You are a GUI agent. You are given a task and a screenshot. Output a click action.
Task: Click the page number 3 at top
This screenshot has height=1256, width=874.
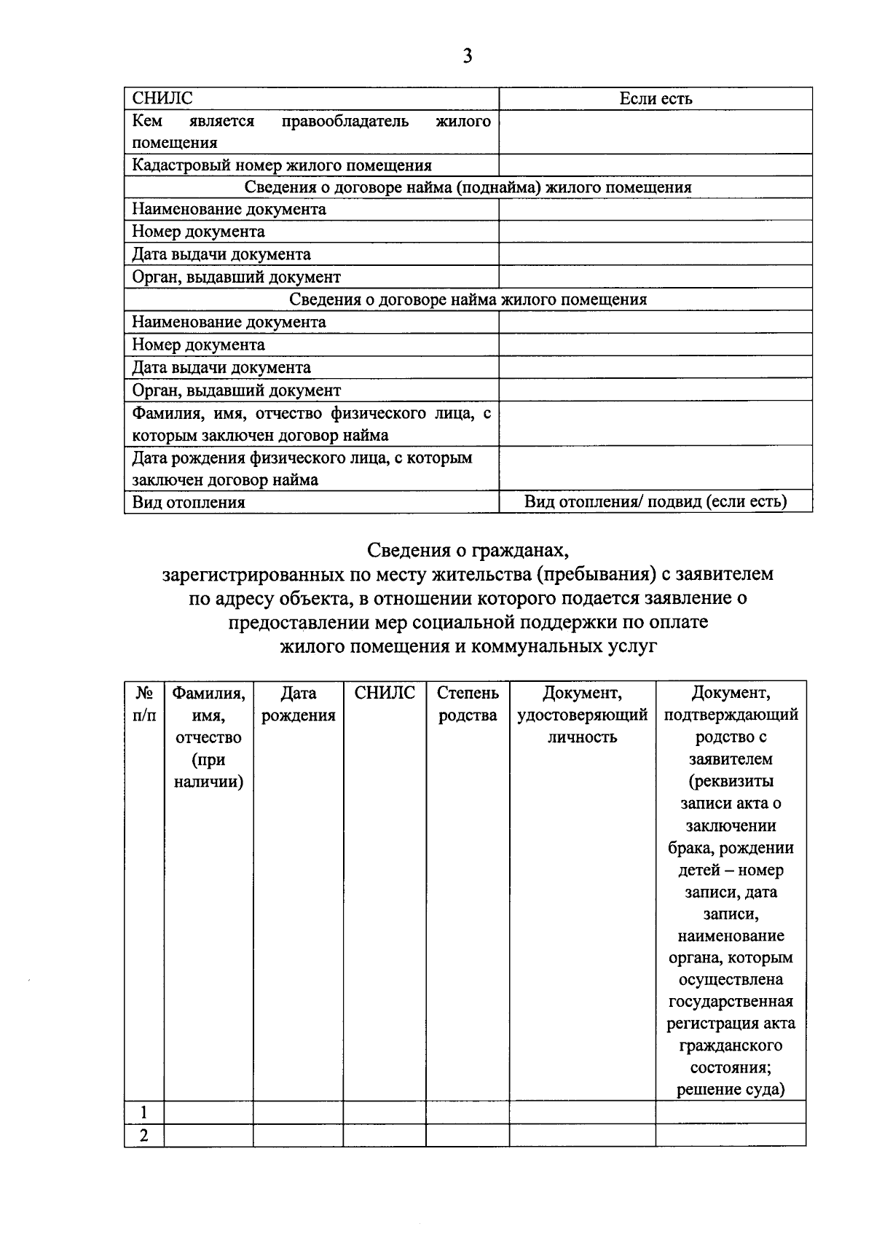pyautogui.click(x=467, y=56)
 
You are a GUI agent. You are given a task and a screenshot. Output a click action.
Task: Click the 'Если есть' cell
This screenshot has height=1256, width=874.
pyautogui.click(x=655, y=99)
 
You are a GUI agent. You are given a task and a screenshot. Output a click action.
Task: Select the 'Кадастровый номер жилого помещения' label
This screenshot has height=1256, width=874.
pyautogui.click(x=282, y=165)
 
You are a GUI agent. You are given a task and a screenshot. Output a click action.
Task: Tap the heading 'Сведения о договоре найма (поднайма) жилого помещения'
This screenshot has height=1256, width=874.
pyautogui.click(x=468, y=187)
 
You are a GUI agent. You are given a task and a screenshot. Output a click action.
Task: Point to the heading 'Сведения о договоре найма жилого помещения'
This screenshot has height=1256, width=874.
pyautogui.click(x=468, y=299)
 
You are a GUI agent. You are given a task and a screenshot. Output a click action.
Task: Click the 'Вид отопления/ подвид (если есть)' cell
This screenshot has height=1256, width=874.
pyautogui.click(x=655, y=501)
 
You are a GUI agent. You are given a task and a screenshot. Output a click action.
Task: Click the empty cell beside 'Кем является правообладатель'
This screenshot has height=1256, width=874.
pyautogui.click(x=655, y=132)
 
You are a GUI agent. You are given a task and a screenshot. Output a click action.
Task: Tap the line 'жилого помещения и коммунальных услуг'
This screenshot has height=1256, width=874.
pyautogui.click(x=468, y=646)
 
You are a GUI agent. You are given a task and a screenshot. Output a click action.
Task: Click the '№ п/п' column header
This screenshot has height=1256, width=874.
pyautogui.click(x=144, y=704)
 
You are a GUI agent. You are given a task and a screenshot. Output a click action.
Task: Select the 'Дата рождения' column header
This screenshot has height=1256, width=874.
pyautogui.click(x=298, y=704)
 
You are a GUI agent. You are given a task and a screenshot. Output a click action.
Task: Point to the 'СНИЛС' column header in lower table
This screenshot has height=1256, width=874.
pyautogui.click(x=385, y=693)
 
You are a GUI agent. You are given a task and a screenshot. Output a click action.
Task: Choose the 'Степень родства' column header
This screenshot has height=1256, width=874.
pyautogui.click(x=468, y=704)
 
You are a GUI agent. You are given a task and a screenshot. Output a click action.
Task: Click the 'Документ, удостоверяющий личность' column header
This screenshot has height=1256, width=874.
pyautogui.click(x=582, y=715)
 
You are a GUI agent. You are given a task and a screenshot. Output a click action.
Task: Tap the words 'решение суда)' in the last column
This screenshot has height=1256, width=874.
pyautogui.click(x=731, y=1089)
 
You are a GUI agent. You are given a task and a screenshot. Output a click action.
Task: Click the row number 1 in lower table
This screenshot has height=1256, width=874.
pyautogui.click(x=144, y=1112)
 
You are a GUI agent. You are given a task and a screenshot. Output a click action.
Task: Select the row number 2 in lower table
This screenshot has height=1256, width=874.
pyautogui.click(x=144, y=1135)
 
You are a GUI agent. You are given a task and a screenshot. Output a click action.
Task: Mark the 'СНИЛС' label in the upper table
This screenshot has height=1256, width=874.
pyautogui.click(x=162, y=99)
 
